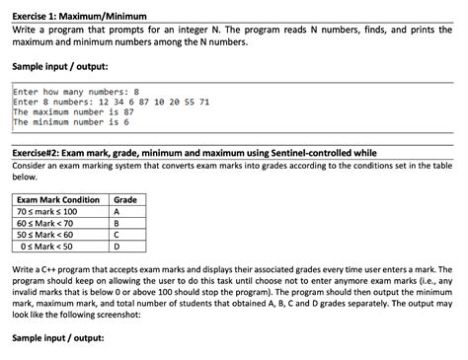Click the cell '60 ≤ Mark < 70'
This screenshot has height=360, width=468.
click(x=48, y=224)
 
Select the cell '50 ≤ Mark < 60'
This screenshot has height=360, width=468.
click(x=48, y=236)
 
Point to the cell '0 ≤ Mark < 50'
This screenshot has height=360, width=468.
click(x=50, y=248)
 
